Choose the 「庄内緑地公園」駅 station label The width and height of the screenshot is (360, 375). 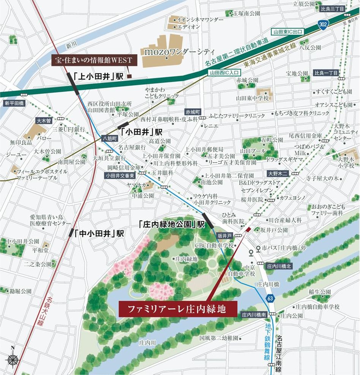point(171,224)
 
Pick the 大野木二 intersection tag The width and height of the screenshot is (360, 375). point(278,173)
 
